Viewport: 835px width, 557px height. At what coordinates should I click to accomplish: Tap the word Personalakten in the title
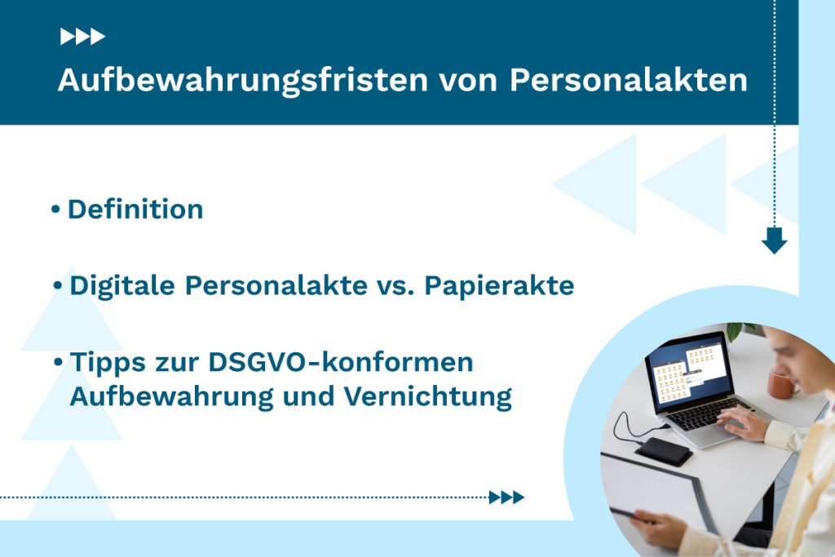628,81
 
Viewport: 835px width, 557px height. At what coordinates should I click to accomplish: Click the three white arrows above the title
82,36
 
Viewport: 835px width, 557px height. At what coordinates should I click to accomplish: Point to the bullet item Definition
135,210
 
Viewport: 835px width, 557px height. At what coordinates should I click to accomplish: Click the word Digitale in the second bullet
121,286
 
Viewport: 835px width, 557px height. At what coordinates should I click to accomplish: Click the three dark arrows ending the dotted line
506,497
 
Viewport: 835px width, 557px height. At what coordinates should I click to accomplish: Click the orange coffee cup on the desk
782,382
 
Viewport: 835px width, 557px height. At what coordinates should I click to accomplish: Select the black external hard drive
664,451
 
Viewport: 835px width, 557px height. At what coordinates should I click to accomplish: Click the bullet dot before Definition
55,210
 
